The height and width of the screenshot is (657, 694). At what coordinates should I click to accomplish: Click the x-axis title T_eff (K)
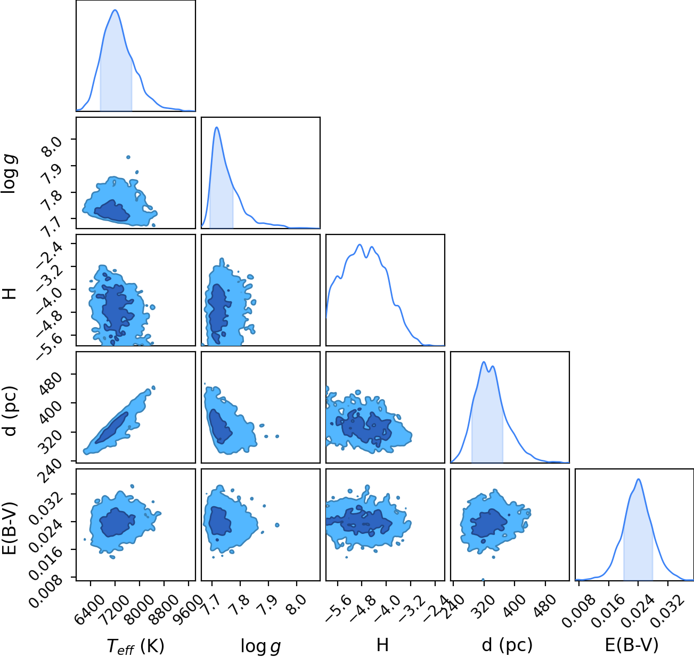click(x=136, y=646)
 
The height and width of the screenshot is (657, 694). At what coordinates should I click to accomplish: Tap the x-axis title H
click(x=382, y=645)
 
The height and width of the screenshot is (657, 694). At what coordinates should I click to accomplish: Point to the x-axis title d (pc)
click(x=507, y=645)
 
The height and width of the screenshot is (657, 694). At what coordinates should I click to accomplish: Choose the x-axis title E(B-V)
click(x=632, y=645)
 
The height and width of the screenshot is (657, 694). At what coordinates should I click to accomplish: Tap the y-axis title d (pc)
click(x=10, y=411)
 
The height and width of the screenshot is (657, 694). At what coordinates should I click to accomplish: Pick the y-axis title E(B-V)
click(x=10, y=528)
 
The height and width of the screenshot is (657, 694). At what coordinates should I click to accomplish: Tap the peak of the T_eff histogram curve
click(x=115, y=10)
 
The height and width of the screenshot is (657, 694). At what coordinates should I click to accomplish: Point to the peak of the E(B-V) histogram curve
click(x=638, y=479)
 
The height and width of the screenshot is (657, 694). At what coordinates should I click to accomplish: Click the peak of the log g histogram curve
click(x=217, y=127)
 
